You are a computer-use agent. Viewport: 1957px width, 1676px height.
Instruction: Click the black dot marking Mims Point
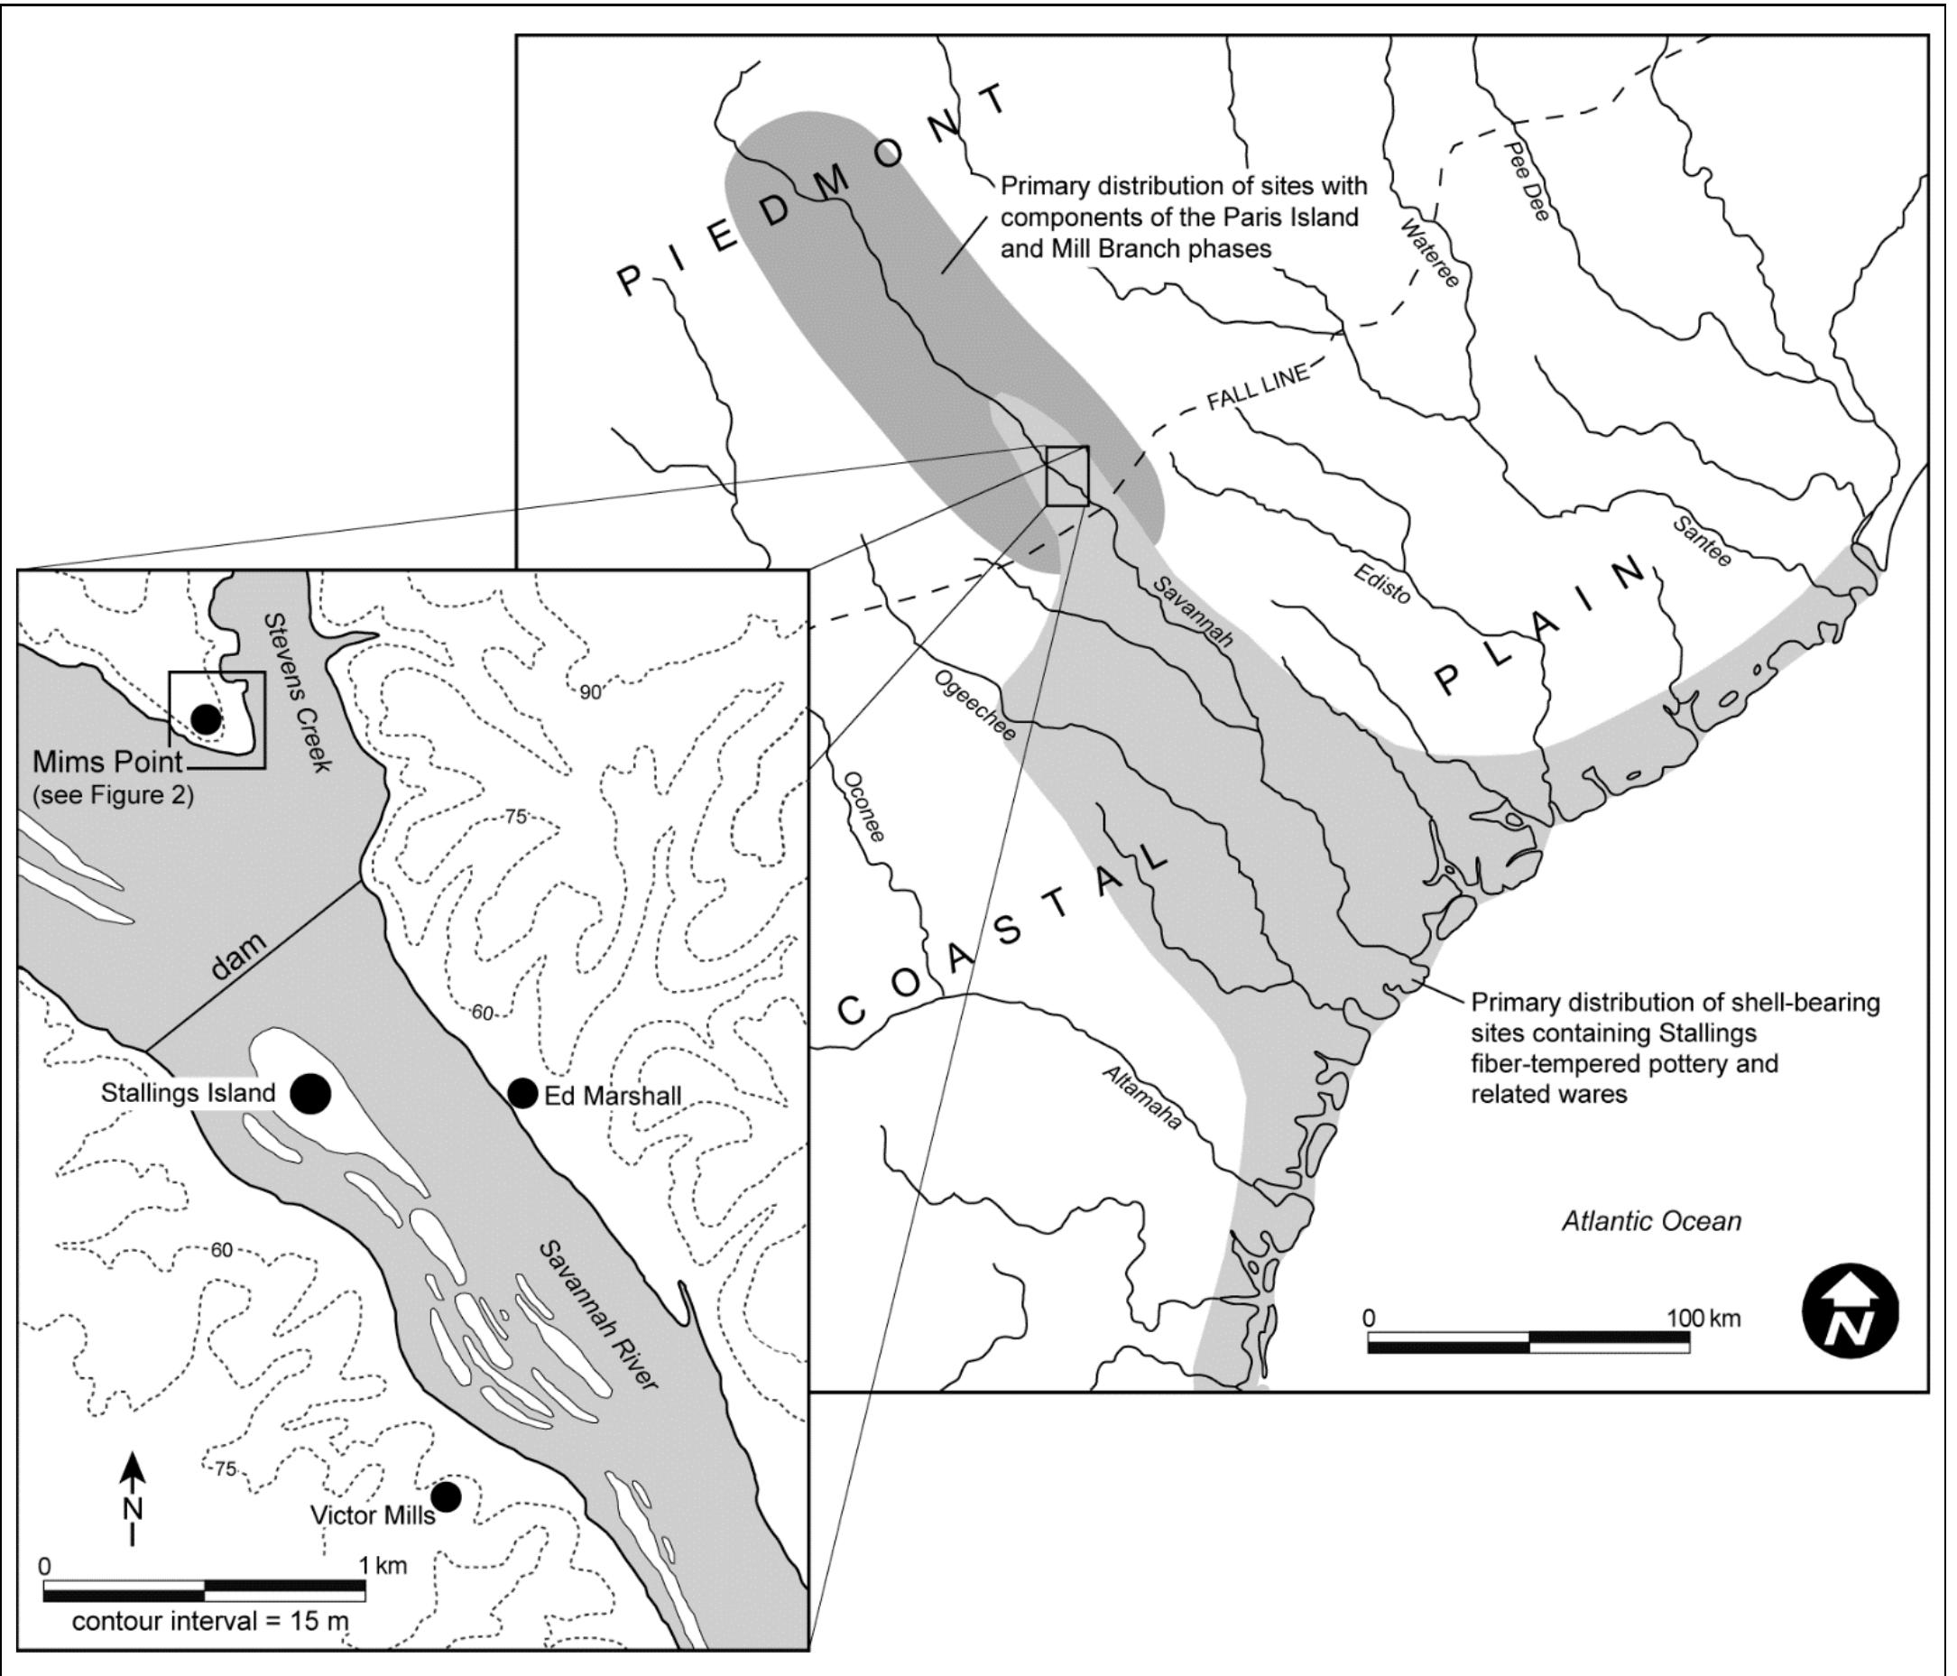point(205,720)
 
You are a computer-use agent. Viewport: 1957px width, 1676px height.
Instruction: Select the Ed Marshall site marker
point(522,1093)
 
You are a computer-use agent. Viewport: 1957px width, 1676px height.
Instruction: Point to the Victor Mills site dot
point(446,1496)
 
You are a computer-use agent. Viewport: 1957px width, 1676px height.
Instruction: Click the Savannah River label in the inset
point(597,1315)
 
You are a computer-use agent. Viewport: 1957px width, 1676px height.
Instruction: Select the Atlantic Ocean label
point(1651,1220)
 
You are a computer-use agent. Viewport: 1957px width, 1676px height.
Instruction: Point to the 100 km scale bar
point(1528,1341)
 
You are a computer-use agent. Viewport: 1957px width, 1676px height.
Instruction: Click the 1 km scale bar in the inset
point(204,1591)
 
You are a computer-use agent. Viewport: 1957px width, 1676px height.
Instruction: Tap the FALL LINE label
point(1258,386)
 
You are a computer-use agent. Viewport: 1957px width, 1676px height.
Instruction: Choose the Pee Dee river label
point(1527,181)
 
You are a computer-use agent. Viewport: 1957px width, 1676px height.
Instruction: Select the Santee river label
point(1702,542)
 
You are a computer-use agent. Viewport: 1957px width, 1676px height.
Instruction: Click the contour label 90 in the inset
point(590,692)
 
